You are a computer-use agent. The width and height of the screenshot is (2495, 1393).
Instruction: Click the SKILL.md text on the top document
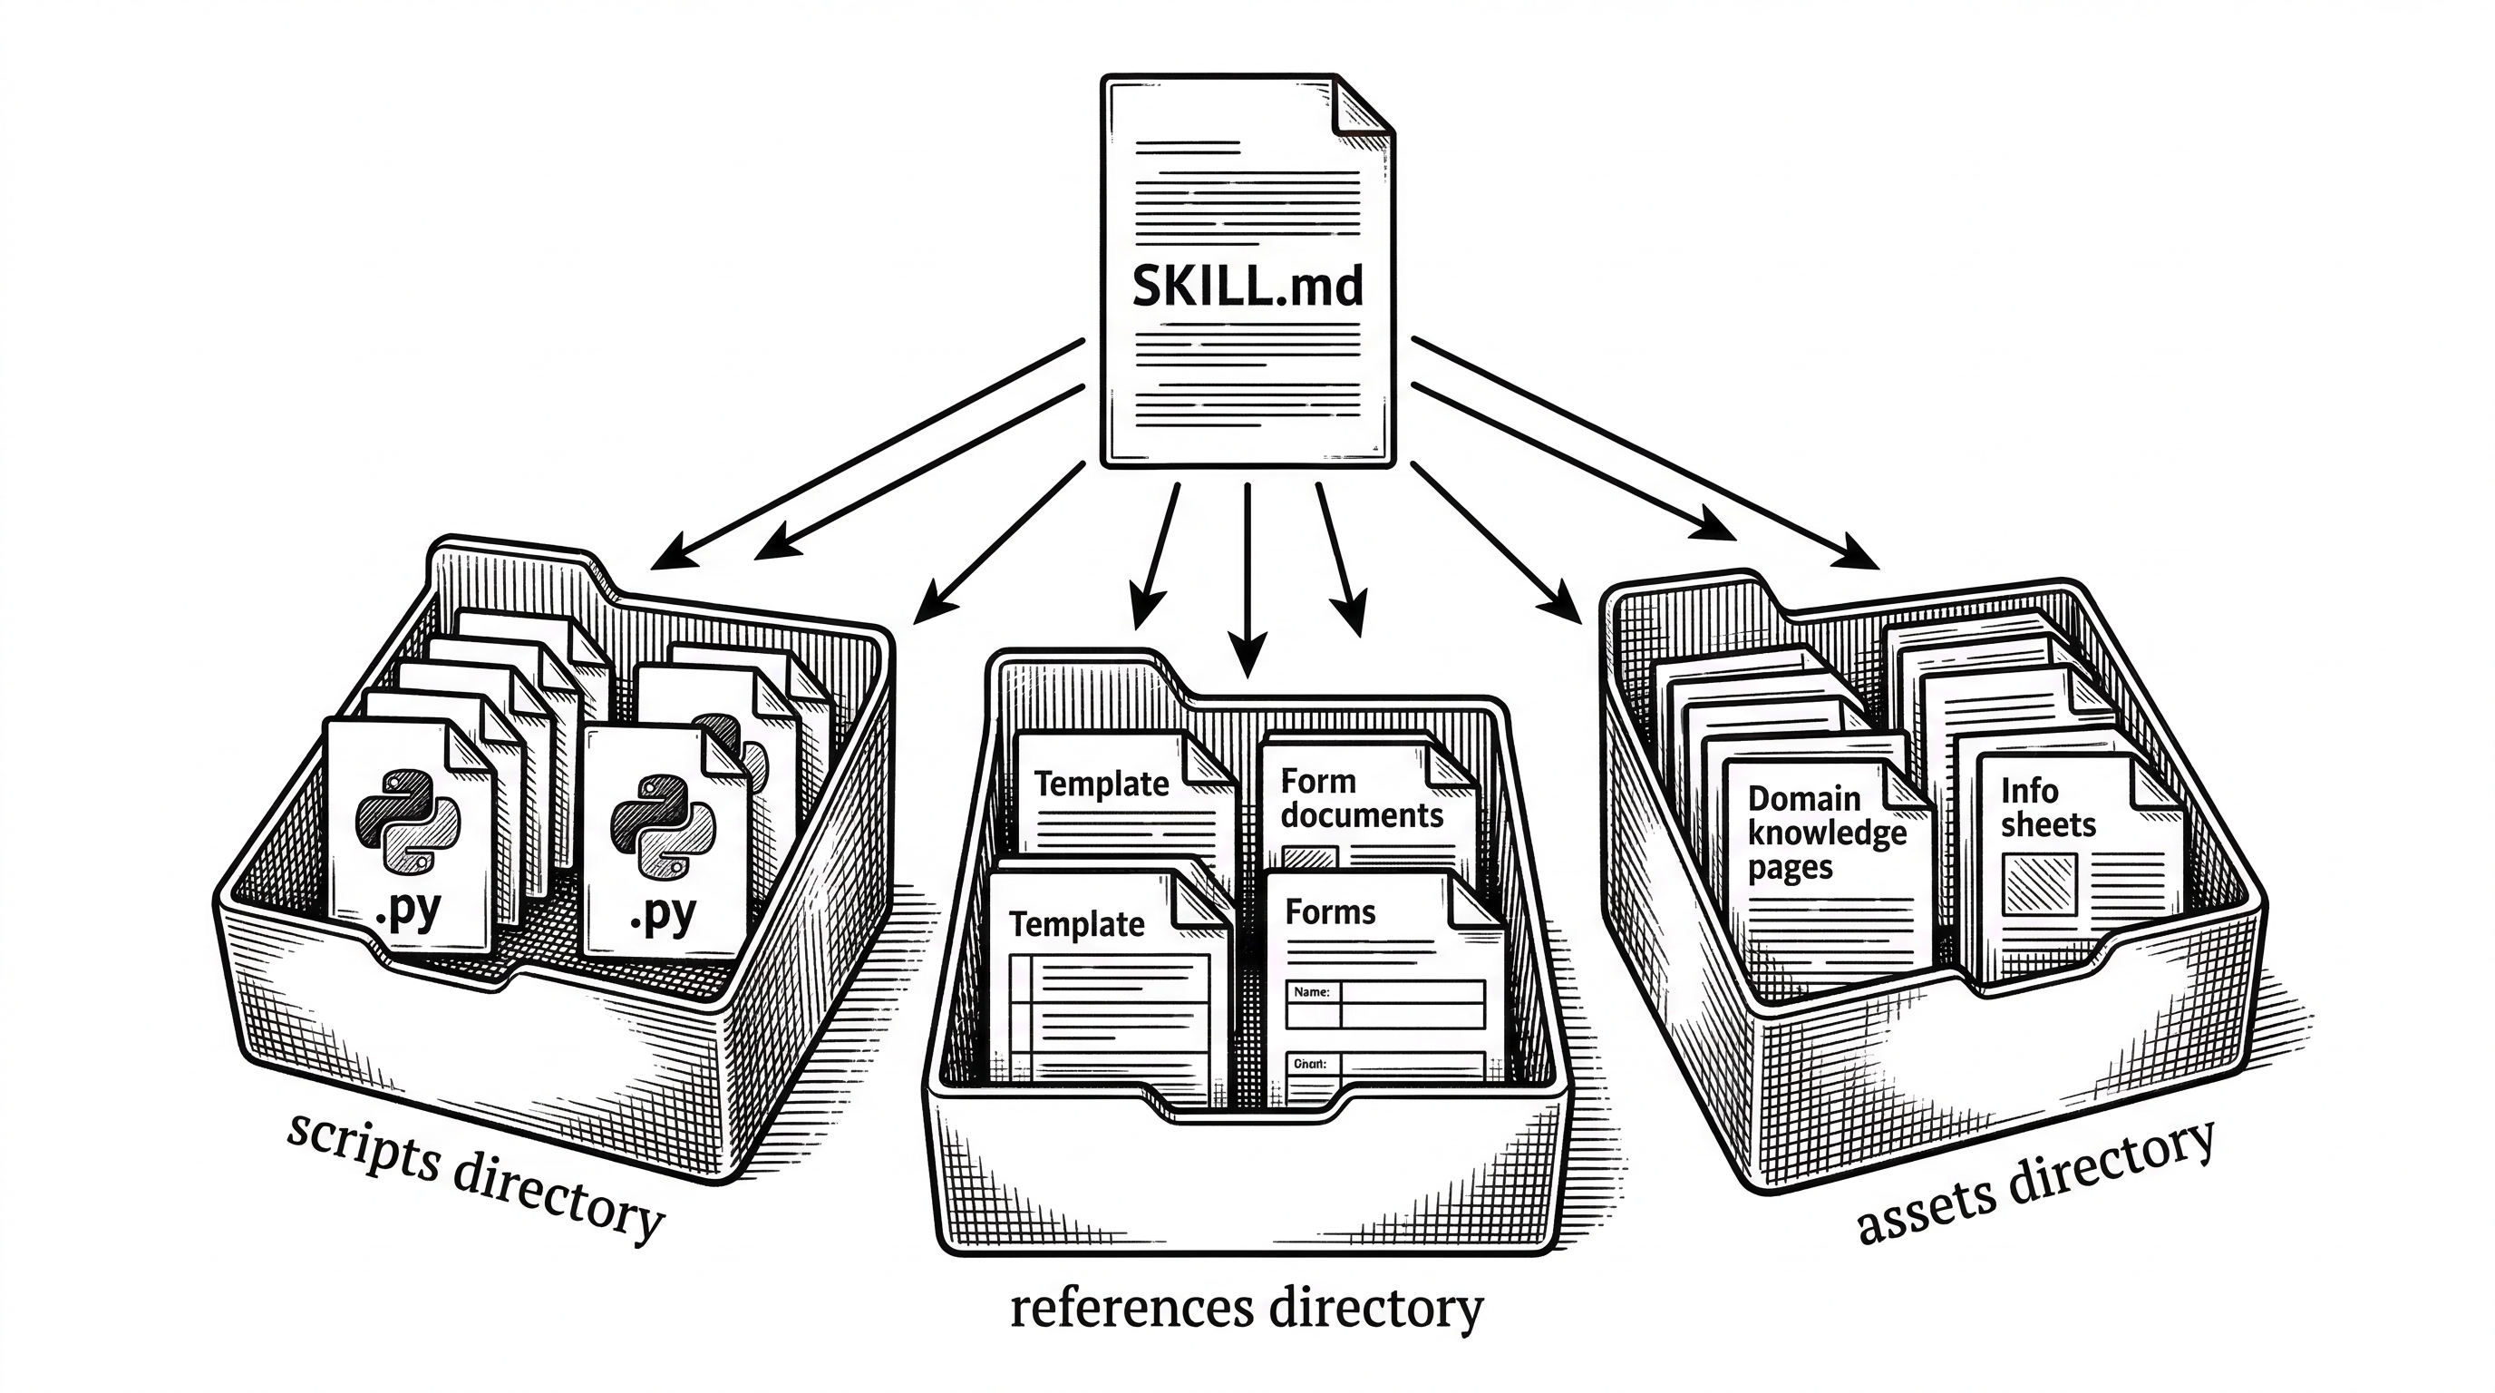[1247, 287]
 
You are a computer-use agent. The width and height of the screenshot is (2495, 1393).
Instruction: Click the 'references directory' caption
[1247, 1309]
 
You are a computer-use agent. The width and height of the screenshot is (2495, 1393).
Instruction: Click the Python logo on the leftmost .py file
[408, 820]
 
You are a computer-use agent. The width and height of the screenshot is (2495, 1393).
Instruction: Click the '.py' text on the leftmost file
[408, 911]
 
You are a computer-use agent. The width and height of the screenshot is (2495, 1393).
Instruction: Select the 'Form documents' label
[1361, 798]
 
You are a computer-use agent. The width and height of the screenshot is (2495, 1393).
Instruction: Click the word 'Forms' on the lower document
[1330, 911]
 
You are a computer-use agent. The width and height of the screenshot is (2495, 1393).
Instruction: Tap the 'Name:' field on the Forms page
[1312, 992]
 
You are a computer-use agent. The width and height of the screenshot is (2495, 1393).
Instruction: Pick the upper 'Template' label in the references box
[1102, 784]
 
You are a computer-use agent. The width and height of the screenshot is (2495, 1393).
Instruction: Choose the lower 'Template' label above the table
[1076, 924]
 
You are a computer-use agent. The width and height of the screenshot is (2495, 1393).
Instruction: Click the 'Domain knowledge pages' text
[1825, 833]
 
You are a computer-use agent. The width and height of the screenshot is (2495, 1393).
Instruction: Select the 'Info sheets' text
[2046, 807]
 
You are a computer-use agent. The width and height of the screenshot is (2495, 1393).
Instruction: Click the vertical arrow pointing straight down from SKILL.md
[1247, 581]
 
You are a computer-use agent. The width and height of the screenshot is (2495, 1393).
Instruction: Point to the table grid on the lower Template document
[1108, 1018]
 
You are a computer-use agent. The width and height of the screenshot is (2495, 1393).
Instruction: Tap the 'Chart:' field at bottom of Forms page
[1309, 1064]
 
